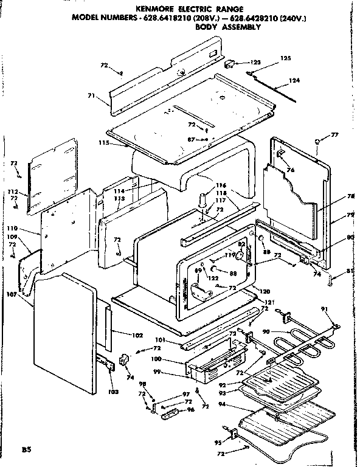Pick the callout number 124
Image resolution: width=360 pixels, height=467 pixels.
[x=294, y=80]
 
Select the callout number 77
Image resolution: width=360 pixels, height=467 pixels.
[x=334, y=134]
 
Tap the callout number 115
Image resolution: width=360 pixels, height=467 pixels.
[x=103, y=142]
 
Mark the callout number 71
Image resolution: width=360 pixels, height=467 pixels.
[x=91, y=95]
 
